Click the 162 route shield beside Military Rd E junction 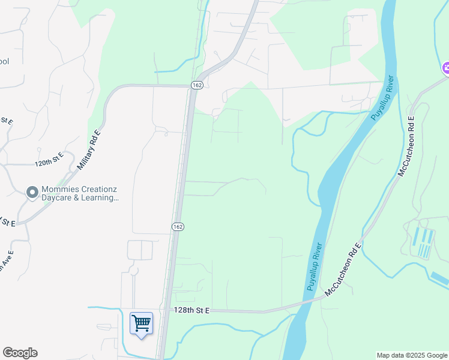tap(197, 86)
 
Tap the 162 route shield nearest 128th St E tap(177, 226)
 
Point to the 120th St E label tap(49, 163)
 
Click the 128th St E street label tap(191, 310)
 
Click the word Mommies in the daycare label tap(59, 189)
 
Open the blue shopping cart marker tap(141, 324)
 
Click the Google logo tap(20, 353)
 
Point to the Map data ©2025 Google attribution tap(412, 355)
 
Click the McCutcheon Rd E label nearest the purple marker tap(406, 146)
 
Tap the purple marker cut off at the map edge tap(445, 68)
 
